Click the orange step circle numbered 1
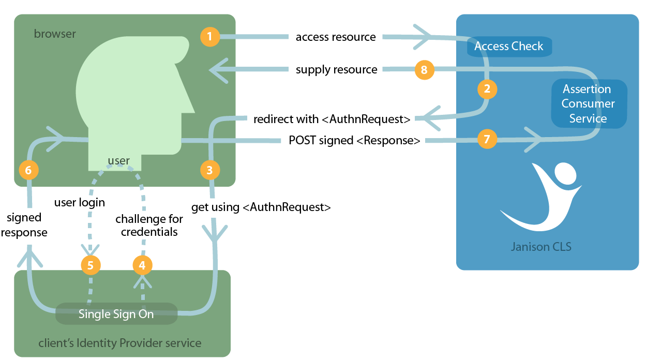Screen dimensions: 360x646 click(x=209, y=36)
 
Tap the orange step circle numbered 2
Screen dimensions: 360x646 click(x=487, y=89)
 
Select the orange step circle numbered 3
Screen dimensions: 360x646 click(x=209, y=170)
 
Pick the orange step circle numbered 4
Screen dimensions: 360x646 click(x=143, y=265)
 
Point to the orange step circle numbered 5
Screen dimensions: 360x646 click(x=91, y=265)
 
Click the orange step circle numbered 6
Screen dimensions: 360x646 click(x=28, y=170)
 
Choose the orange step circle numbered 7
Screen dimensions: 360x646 click(x=487, y=139)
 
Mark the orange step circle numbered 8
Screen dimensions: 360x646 click(x=424, y=70)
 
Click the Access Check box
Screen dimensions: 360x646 click(x=509, y=46)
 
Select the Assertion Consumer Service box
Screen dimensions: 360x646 click(x=588, y=103)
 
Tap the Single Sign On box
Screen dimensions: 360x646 click(x=116, y=314)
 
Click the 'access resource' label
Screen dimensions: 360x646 click(x=336, y=37)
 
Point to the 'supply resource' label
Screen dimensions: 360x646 click(x=336, y=70)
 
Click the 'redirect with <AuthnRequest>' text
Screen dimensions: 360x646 click(x=332, y=119)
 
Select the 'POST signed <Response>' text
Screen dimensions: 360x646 click(x=354, y=140)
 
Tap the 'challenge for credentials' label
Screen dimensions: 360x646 click(x=149, y=226)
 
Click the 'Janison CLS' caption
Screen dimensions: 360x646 click(x=541, y=246)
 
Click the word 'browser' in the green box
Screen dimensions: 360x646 click(x=55, y=34)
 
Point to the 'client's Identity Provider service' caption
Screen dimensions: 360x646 click(x=120, y=343)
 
